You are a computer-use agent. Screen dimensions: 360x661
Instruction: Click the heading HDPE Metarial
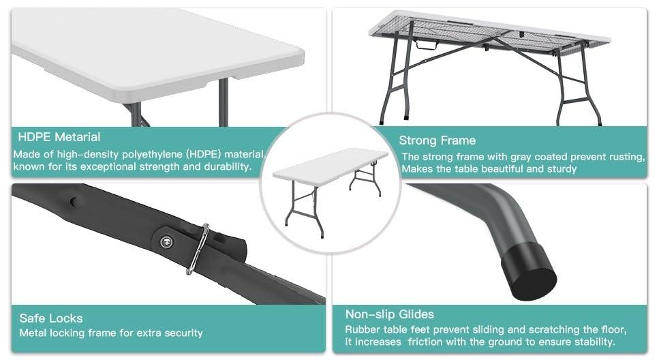59,137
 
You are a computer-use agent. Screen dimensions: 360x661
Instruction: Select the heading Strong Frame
437,140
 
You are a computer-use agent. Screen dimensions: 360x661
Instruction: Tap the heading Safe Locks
51,318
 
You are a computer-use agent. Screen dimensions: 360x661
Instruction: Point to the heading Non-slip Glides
389,314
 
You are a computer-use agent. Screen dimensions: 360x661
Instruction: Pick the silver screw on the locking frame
166,239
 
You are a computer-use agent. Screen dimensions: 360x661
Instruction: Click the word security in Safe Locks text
181,333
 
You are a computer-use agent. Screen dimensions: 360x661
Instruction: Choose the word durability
225,166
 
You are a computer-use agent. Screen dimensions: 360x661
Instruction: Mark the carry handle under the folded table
428,46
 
